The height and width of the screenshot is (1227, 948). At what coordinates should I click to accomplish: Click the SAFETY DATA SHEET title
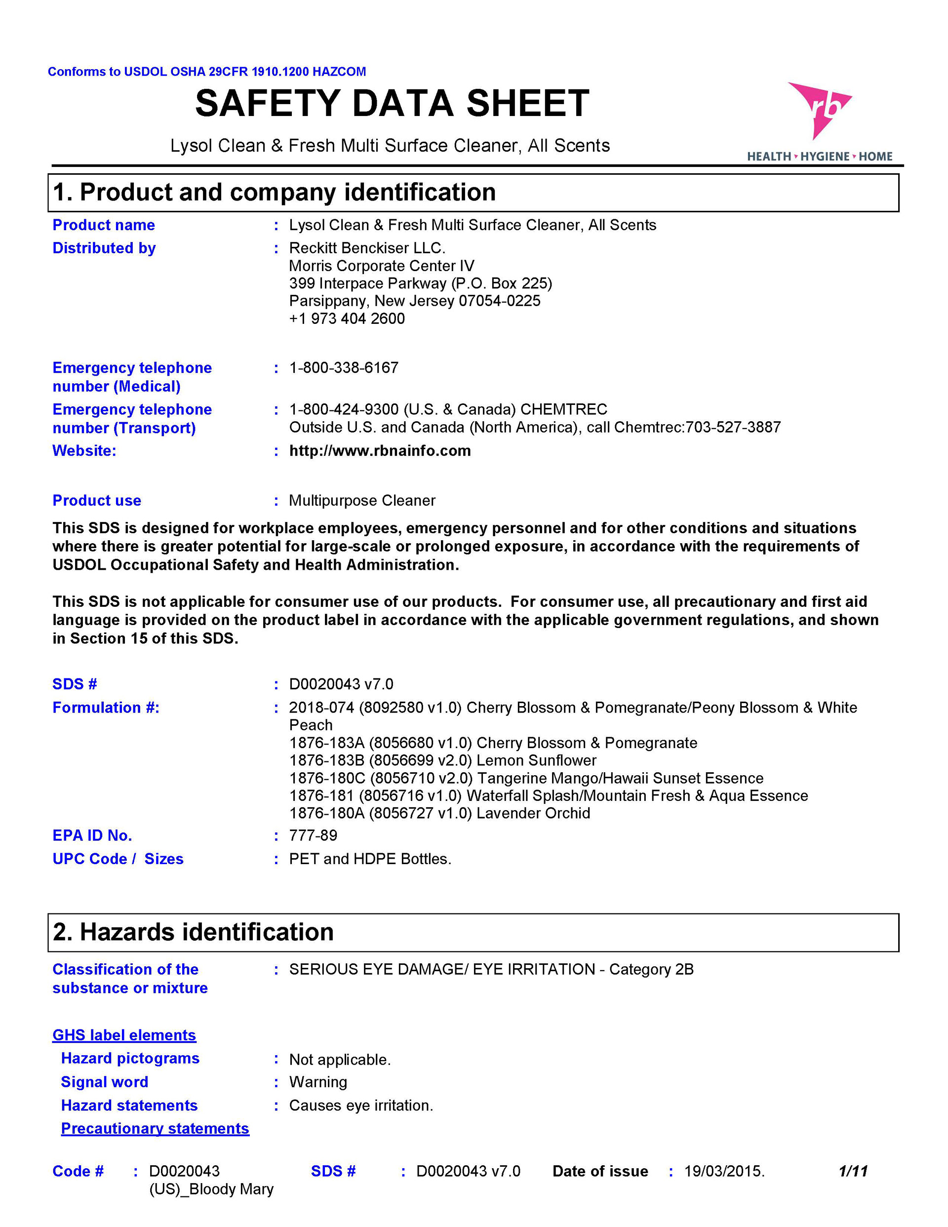click(392, 103)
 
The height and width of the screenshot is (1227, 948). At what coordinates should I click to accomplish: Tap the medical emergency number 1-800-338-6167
click(343, 368)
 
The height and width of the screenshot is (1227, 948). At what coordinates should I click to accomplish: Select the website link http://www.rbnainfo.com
click(380, 451)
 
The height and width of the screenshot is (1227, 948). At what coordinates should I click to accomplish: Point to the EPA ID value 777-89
click(313, 835)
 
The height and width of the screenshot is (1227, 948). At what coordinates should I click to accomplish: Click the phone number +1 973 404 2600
click(347, 318)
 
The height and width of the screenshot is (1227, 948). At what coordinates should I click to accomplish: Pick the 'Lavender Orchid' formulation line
click(439, 813)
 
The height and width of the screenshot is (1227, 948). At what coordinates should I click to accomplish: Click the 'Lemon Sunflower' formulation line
click(443, 760)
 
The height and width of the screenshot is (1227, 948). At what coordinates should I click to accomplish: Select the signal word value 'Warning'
click(318, 1082)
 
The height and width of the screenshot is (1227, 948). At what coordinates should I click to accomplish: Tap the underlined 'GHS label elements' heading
click(124, 1035)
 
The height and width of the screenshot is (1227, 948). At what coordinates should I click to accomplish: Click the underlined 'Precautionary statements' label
click(155, 1128)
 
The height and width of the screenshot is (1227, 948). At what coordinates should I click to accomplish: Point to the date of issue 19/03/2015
click(724, 1171)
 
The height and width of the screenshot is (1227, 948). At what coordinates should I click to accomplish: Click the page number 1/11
click(853, 1171)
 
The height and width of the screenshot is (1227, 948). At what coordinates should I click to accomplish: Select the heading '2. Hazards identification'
click(194, 932)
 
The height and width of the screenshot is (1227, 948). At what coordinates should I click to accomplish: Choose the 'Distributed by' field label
click(104, 248)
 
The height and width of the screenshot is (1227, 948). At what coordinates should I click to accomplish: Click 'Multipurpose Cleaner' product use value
click(362, 501)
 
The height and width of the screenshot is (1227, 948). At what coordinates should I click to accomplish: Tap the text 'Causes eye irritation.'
click(361, 1106)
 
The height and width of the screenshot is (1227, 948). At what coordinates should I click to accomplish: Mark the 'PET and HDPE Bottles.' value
click(370, 859)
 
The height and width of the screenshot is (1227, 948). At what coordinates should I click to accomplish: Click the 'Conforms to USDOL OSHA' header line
click(207, 72)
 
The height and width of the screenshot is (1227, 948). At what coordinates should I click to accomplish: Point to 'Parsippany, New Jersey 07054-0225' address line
click(415, 301)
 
